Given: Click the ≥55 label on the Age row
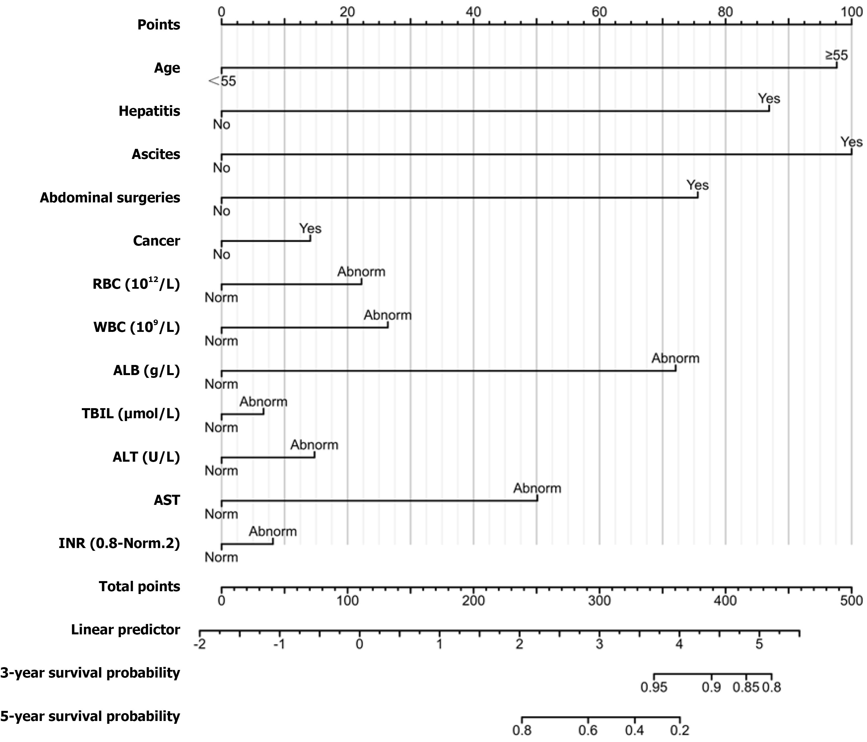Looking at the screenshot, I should [836, 55].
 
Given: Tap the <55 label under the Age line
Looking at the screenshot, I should [222, 81].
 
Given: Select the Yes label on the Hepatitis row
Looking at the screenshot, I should [769, 99].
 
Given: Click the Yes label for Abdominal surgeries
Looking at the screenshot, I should [697, 185].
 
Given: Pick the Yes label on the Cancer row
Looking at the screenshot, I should [310, 228].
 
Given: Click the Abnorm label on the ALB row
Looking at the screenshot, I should [675, 358].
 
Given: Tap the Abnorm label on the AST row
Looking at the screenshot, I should [537, 488].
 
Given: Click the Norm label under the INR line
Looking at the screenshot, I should [221, 558].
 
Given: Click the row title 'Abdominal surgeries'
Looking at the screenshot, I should [110, 198].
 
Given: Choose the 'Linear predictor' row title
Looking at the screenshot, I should [126, 630].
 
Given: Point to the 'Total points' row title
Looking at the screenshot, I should [139, 587].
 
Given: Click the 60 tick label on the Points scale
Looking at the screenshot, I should [599, 12].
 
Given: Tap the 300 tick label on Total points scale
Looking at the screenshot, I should [599, 601].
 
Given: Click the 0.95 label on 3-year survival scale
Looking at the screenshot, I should [654, 687].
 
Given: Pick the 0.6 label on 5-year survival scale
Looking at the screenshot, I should [588, 731].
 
